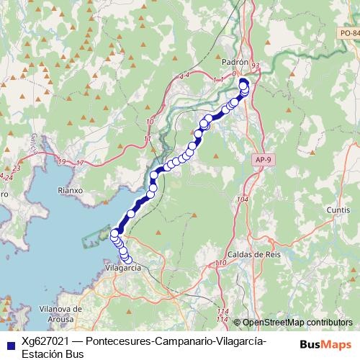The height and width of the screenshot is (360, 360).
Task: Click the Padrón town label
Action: [236, 63]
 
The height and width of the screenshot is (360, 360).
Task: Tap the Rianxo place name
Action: [71, 190]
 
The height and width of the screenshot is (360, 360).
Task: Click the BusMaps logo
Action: [327, 343]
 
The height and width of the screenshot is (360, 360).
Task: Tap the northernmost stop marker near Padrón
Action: [243, 81]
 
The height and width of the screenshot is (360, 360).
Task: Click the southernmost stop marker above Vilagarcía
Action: [128, 260]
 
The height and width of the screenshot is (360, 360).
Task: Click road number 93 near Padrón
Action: [256, 66]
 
